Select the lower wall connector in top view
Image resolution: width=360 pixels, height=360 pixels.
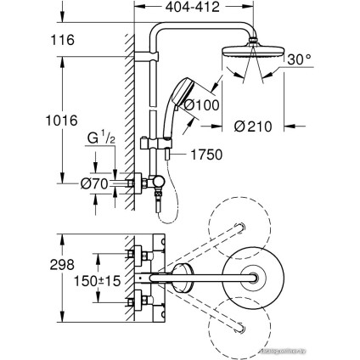click(x=136, y=300)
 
